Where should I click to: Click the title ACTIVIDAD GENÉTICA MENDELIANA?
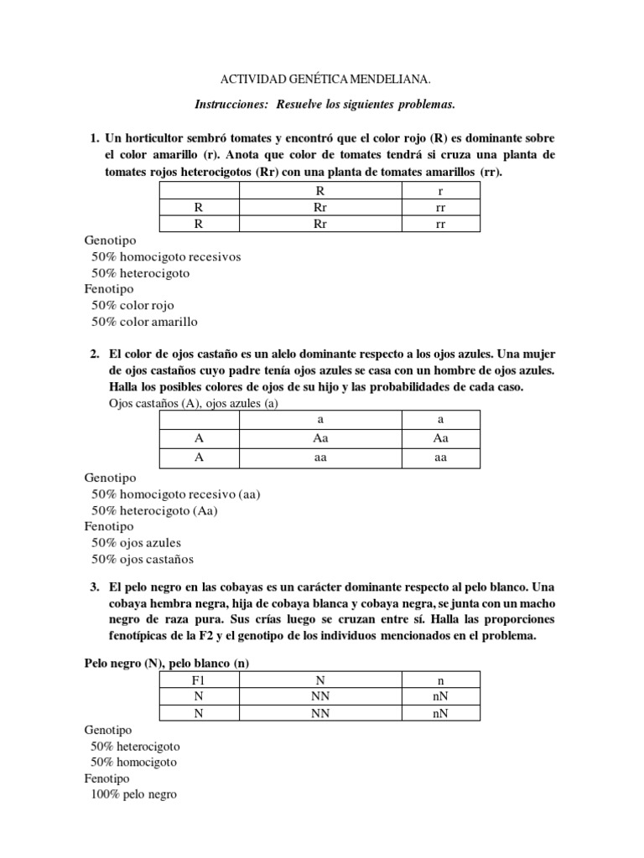(325, 80)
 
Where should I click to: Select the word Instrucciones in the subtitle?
(229, 104)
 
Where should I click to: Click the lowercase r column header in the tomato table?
(439, 191)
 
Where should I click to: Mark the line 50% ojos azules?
(136, 543)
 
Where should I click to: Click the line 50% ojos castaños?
(143, 559)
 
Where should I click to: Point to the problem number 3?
(95, 588)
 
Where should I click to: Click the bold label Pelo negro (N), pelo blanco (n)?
(167, 663)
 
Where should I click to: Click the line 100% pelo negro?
(134, 794)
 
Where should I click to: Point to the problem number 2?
(95, 354)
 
